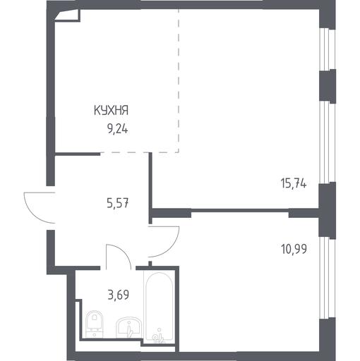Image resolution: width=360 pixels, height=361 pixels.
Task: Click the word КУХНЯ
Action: click(x=111, y=111)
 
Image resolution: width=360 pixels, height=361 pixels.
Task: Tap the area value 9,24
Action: click(x=118, y=129)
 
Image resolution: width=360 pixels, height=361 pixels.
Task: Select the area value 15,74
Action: click(x=294, y=183)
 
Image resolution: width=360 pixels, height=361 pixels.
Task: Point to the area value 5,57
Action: click(x=118, y=203)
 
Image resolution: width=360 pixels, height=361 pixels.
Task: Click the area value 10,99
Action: click(x=294, y=249)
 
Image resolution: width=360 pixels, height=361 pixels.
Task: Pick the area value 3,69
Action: click(x=119, y=295)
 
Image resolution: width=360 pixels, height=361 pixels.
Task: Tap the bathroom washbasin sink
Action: click(x=128, y=327)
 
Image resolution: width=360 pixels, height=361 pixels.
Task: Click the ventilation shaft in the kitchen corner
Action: click(x=68, y=16)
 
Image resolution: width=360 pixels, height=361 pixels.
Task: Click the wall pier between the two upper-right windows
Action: click(x=328, y=86)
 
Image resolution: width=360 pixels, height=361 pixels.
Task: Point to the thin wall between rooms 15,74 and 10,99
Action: click(x=240, y=210)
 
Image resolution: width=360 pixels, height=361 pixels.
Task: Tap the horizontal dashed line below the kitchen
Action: click(x=139, y=152)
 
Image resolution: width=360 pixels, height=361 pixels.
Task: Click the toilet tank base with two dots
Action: click(x=94, y=334)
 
